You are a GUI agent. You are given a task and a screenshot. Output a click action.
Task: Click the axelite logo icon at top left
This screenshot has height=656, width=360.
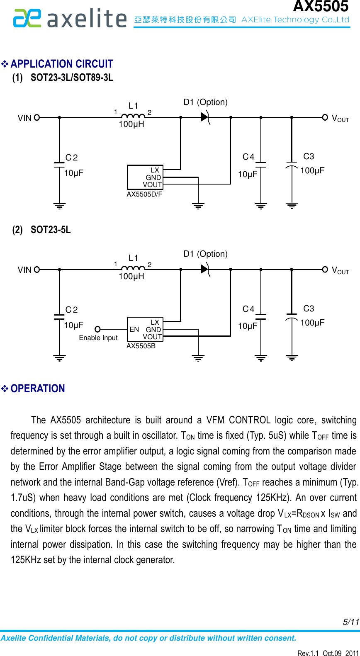click(27, 19)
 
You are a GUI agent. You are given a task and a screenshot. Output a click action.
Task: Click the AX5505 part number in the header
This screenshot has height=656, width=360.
click(320, 6)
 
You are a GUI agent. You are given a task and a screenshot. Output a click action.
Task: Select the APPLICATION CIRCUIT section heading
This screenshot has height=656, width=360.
click(61, 64)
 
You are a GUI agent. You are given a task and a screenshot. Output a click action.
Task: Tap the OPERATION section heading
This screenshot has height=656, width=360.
click(38, 389)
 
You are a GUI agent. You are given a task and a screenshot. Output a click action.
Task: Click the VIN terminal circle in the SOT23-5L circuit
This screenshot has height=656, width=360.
click(37, 270)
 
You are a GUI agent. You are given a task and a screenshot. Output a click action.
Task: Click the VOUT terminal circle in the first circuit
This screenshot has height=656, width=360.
click(325, 117)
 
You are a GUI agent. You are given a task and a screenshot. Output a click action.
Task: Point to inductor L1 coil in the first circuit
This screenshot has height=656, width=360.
click(133, 115)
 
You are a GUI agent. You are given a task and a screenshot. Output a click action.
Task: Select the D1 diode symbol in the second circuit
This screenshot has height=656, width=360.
click(205, 269)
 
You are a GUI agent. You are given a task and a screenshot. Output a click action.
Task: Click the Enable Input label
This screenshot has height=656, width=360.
click(98, 338)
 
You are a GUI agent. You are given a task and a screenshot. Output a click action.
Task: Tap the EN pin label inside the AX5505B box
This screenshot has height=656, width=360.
click(134, 329)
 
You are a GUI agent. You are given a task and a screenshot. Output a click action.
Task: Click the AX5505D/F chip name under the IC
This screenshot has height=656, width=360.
click(144, 194)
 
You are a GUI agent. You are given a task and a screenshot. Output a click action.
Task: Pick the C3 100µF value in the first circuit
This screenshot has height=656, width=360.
click(312, 170)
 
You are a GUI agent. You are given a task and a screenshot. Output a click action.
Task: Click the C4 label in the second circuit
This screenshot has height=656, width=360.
click(248, 309)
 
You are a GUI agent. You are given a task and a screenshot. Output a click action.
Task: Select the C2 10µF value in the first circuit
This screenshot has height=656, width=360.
click(73, 173)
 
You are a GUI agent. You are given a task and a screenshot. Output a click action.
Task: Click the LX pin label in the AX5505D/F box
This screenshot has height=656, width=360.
click(155, 170)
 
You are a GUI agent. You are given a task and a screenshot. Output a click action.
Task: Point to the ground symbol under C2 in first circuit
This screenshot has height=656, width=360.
click(59, 206)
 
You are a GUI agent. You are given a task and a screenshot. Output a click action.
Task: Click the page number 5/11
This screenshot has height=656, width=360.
click(350, 622)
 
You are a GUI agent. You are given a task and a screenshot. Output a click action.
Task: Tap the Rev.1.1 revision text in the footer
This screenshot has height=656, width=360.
click(308, 653)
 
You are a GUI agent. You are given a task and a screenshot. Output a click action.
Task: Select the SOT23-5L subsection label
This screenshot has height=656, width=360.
click(50, 230)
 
